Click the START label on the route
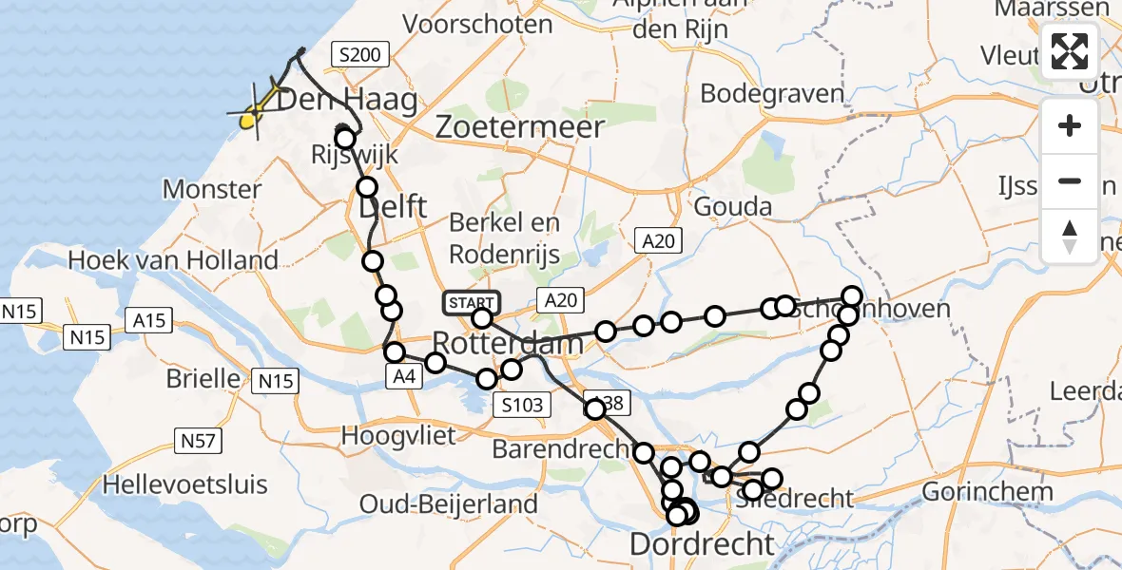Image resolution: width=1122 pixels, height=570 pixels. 470,303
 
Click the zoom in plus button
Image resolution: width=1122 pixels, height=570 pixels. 1070,125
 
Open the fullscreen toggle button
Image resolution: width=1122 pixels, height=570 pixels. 1070,51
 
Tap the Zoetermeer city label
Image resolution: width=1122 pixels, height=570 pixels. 520,127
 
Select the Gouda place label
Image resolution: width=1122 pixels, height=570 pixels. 733,206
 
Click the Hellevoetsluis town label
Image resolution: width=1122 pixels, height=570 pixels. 181,483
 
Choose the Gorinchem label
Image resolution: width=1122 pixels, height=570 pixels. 988,491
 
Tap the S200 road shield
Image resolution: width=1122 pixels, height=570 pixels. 360,55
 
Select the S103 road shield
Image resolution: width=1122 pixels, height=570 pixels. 523,406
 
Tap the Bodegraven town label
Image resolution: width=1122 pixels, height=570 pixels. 772,93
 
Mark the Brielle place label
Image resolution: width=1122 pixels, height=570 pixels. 203,378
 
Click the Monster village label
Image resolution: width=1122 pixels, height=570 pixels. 211,189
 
